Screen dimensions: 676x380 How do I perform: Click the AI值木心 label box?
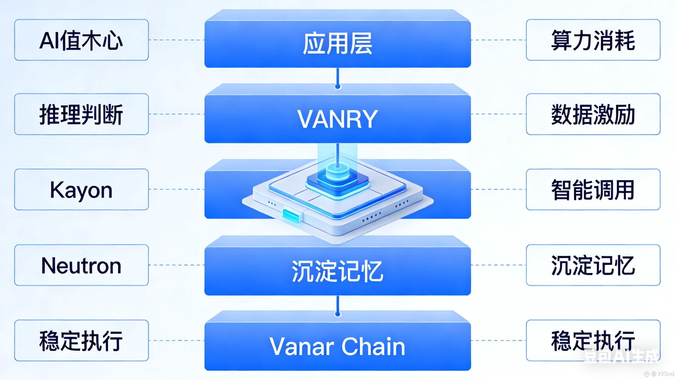(81, 40)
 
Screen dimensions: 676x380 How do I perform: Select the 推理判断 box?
(81, 114)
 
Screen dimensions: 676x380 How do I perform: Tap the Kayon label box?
(81, 189)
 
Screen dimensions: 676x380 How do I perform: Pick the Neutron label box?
(81, 265)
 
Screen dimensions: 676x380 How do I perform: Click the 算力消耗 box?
(593, 40)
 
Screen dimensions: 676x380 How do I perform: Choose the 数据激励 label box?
(593, 114)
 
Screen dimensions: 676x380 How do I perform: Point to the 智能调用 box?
(593, 189)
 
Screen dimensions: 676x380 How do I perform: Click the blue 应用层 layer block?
(338, 43)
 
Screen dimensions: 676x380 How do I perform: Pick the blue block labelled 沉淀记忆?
(338, 272)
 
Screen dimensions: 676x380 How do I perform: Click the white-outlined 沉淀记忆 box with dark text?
(593, 265)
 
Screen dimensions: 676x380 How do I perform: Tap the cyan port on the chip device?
(291, 216)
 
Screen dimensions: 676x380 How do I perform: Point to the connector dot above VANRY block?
(338, 86)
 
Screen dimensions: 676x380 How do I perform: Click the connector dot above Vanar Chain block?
(338, 314)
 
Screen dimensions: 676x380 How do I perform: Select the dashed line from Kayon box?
(176, 189)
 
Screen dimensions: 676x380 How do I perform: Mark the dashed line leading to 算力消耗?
(499, 40)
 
